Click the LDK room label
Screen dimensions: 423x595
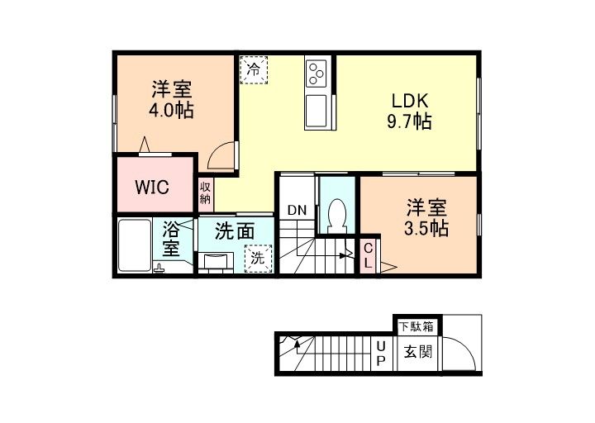[409, 101]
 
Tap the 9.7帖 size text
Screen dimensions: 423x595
[409, 121]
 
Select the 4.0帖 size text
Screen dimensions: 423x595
[172, 109]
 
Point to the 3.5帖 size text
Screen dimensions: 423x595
[426, 228]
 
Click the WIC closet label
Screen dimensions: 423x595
[152, 188]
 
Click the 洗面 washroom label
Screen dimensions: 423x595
[233, 231]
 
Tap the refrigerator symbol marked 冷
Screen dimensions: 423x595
[255, 69]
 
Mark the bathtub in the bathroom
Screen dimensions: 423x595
[135, 245]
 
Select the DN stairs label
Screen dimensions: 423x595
[297, 210]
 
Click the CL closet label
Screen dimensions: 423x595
[369, 254]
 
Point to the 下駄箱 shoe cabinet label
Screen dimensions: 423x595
[416, 326]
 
